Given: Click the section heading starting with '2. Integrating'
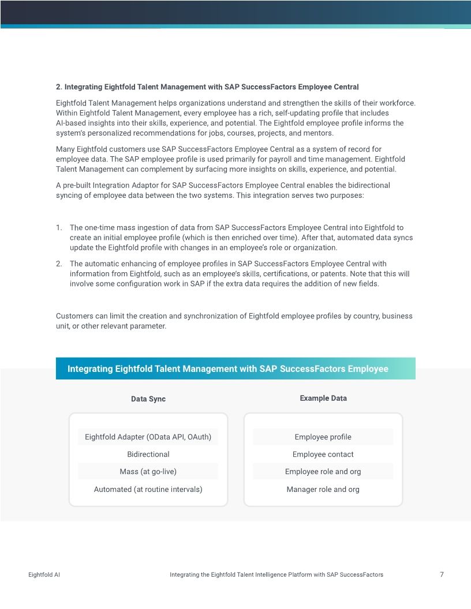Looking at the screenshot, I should click(x=207, y=87).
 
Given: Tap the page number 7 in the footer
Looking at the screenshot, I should click(x=442, y=574).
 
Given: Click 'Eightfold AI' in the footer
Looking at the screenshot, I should click(x=44, y=575).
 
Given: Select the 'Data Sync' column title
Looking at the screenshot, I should click(x=148, y=399).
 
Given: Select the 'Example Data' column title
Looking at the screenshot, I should click(x=323, y=399).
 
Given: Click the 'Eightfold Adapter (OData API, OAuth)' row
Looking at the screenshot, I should click(x=148, y=437).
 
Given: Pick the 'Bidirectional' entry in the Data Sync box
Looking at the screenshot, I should click(x=148, y=454).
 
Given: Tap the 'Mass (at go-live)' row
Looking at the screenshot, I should click(x=148, y=472).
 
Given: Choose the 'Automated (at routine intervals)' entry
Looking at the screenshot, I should click(x=148, y=490).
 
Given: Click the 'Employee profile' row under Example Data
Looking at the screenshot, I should click(x=323, y=437).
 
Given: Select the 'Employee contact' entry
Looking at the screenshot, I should click(x=323, y=454).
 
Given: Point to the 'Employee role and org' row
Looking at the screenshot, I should click(x=323, y=472).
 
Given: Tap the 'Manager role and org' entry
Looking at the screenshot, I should click(x=323, y=490).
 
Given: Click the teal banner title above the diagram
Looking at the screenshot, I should click(x=228, y=369).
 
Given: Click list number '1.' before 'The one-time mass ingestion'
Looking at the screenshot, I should click(x=59, y=228).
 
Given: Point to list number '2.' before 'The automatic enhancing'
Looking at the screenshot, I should click(x=59, y=264).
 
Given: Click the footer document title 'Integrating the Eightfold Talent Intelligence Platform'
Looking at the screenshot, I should click(x=276, y=575).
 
